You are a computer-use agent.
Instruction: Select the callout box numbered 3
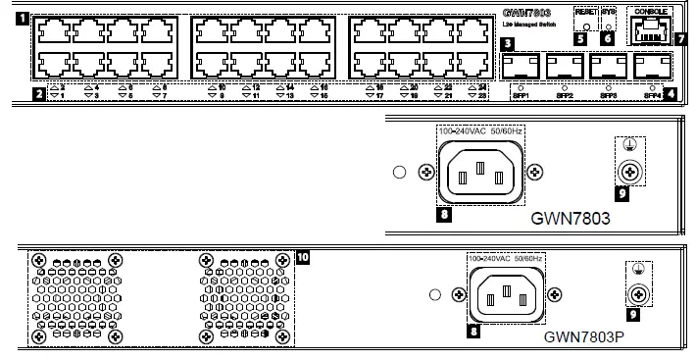coord(507,44)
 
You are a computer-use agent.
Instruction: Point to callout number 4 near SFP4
coord(670,94)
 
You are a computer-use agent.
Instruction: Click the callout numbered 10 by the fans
coord(302,258)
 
